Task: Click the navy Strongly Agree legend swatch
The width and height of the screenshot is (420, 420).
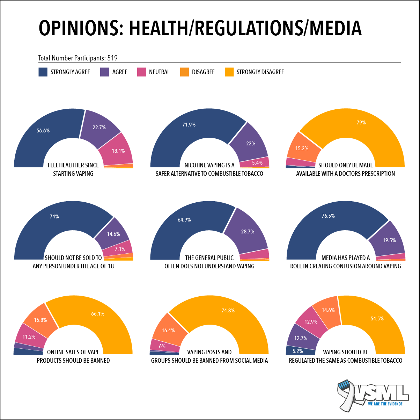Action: click(x=43, y=72)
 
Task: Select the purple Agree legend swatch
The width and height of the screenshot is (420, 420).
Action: click(x=105, y=72)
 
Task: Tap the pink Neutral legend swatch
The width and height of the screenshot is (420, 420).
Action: click(x=141, y=72)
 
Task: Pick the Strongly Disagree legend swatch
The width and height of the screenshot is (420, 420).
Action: click(x=229, y=72)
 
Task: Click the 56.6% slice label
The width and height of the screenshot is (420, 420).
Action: click(x=43, y=131)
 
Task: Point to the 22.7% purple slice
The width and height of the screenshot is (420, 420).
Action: click(x=99, y=127)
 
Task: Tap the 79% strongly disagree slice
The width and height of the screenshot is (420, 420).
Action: click(x=361, y=123)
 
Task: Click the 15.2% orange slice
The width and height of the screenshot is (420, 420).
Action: click(x=302, y=148)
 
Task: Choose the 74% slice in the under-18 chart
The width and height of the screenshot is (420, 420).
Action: click(x=54, y=217)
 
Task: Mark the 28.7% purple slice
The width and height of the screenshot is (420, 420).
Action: click(x=248, y=231)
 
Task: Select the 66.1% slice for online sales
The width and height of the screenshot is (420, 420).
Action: click(x=98, y=314)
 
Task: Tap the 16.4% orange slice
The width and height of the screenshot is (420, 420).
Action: click(x=168, y=330)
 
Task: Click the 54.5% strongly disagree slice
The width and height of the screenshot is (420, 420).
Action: click(x=377, y=319)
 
